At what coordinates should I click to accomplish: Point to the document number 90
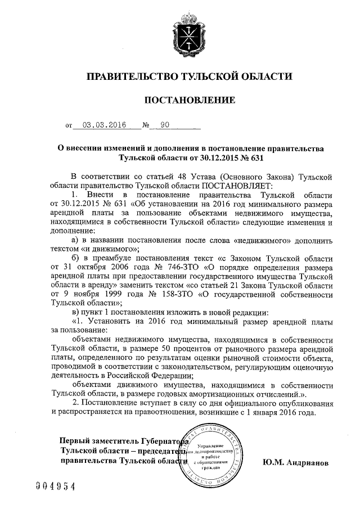coord(164,127)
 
